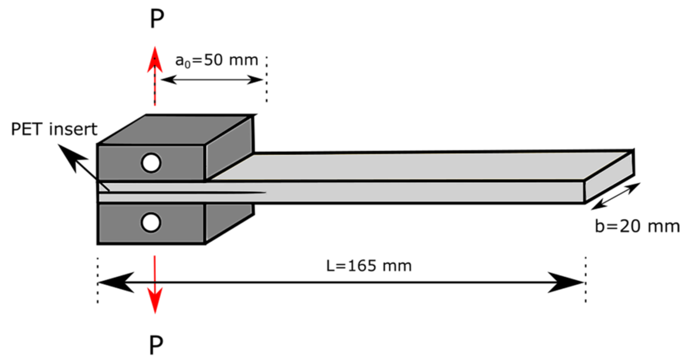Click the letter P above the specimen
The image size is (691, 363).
pyautogui.click(x=157, y=19)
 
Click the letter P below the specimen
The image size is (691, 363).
pyautogui.click(x=156, y=345)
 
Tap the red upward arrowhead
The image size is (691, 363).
pyautogui.click(x=155, y=61)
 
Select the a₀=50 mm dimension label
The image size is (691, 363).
pyautogui.click(x=217, y=61)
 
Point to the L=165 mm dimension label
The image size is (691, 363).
pyautogui.click(x=369, y=266)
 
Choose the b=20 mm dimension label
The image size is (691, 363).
pyautogui.click(x=637, y=226)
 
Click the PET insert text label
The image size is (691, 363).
pyautogui.click(x=54, y=129)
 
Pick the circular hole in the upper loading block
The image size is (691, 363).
pyautogui.click(x=151, y=163)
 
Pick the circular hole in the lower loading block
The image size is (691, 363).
pyautogui.click(x=151, y=222)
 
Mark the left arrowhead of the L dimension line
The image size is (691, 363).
pyautogui.click(x=115, y=282)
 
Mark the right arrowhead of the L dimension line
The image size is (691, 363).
pyautogui.click(x=567, y=282)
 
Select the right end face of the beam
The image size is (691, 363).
pyautogui.click(x=609, y=176)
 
